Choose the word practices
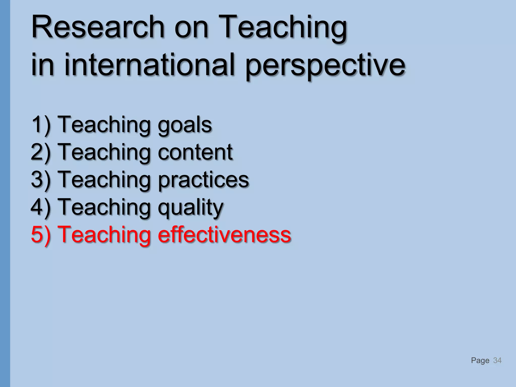coord(203,180)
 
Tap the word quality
coord(190,208)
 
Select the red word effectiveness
coord(224,234)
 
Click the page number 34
coord(497,360)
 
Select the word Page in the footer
coord(480,361)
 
